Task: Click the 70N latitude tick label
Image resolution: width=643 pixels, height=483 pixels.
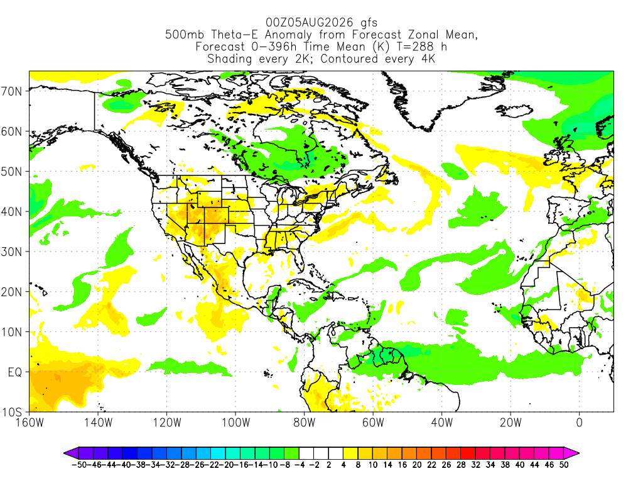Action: click(x=11, y=91)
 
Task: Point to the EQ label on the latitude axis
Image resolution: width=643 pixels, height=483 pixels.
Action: click(x=15, y=372)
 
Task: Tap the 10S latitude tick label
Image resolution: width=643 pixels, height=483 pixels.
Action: click(x=11, y=412)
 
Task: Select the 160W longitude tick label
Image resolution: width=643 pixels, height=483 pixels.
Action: click(x=30, y=423)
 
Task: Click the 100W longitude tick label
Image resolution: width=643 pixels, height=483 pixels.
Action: click(x=236, y=423)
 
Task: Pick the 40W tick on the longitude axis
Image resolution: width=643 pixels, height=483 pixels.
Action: click(x=442, y=423)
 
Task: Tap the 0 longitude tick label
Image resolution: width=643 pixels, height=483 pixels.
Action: click(x=580, y=423)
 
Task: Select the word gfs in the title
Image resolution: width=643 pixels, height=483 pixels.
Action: click(x=369, y=23)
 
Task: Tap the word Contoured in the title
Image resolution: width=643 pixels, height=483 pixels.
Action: click(x=349, y=58)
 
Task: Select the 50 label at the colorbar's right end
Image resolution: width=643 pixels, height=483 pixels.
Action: click(x=565, y=465)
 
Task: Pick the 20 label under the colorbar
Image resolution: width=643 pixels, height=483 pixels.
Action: click(x=417, y=465)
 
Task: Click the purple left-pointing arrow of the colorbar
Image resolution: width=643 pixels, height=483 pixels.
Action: click(x=71, y=453)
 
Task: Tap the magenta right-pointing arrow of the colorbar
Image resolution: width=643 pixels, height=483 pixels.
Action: click(x=571, y=453)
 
